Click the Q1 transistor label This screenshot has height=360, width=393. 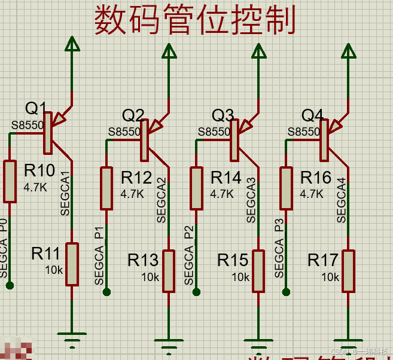tap(36, 108)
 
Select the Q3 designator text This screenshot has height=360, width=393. tap(223, 115)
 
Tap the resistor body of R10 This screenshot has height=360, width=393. tap(10, 181)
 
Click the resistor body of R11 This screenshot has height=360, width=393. tap(72, 264)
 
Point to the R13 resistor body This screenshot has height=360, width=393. tap(169, 271)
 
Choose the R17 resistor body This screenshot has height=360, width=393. tap(348, 271)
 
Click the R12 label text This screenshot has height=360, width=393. tap(136, 178)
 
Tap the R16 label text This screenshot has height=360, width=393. tap(316, 178)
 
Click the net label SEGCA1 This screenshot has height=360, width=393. tap(65, 194)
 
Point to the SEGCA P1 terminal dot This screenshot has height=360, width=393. tap(106, 292)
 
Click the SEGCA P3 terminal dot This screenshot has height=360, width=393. tap(286, 292)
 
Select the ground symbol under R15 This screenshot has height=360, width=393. tap(258, 346)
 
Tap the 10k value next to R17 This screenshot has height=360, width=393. tap(330, 277)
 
